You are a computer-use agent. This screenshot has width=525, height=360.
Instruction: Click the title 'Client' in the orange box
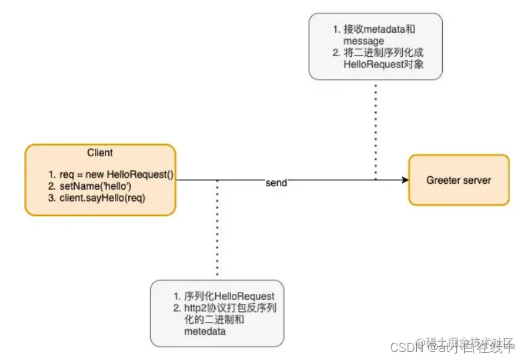[100, 153]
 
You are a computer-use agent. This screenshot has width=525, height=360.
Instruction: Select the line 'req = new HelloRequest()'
[112, 175]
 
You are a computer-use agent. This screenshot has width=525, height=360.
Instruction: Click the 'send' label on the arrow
[276, 182]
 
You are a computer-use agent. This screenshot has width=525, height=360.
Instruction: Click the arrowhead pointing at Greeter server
[403, 180]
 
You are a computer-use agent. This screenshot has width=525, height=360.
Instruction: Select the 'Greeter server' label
[458, 180]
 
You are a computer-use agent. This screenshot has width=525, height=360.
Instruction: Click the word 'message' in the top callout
[363, 41]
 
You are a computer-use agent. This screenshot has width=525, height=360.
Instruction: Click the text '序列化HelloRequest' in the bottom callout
[229, 296]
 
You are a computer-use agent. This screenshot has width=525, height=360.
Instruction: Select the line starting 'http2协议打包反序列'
[230, 307]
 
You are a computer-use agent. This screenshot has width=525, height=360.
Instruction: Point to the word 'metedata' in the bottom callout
[204, 331]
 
